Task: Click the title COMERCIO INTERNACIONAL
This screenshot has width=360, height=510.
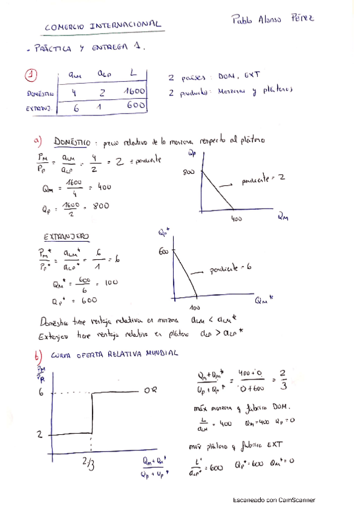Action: click(x=103, y=25)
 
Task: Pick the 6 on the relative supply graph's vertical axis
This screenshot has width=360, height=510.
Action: click(x=40, y=392)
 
